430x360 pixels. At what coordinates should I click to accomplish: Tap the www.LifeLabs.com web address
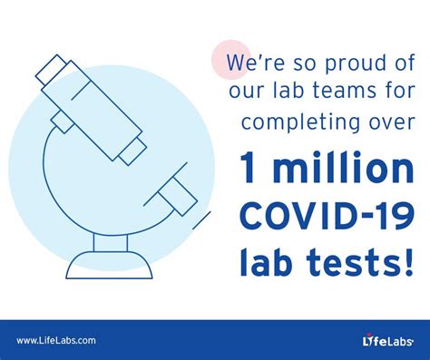tap(55, 340)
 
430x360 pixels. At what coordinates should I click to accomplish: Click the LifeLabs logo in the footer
tap(381, 340)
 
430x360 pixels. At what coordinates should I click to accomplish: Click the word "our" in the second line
tap(243, 92)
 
